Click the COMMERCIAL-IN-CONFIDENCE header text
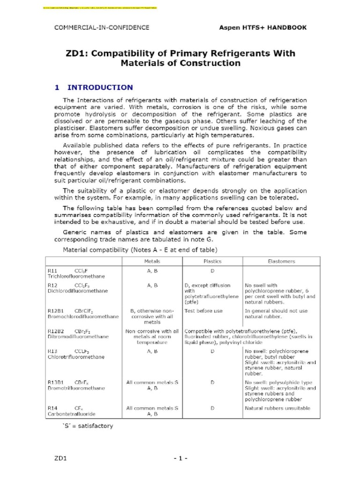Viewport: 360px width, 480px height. tap(102, 28)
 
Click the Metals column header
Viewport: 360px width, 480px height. tap(152, 262)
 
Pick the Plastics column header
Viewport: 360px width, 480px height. tap(212, 262)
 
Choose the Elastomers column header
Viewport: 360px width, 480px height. tap(280, 262)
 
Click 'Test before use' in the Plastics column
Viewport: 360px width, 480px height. tap(204, 311)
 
